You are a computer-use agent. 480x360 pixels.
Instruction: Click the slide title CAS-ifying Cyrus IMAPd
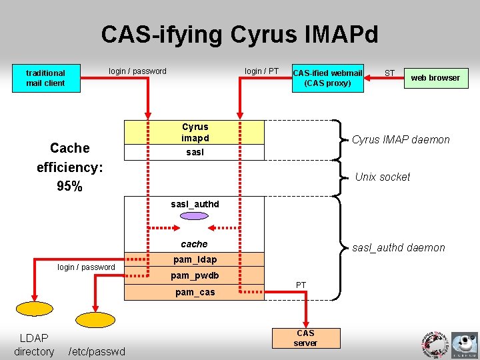[239, 34]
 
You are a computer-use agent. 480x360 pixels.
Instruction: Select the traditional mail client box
[45, 78]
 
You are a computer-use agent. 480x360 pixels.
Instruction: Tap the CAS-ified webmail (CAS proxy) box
[327, 78]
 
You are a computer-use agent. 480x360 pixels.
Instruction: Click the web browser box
[435, 78]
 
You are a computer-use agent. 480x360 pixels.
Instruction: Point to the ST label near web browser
[390, 73]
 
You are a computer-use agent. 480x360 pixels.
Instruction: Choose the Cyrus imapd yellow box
[195, 132]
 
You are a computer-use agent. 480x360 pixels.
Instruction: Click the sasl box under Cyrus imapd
[195, 153]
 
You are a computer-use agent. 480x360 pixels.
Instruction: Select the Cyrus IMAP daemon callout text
[401, 140]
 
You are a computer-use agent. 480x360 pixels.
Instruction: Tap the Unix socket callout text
[382, 177]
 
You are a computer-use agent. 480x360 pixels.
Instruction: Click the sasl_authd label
[195, 204]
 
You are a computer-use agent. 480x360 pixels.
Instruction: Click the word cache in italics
[195, 244]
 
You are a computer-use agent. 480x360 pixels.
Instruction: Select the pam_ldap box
[195, 259]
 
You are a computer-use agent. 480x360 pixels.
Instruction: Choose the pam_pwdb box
[195, 275]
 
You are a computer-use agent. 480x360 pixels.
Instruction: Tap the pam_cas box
[195, 292]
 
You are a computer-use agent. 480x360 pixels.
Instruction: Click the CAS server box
[305, 338]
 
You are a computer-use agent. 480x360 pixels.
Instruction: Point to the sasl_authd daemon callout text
[398, 248]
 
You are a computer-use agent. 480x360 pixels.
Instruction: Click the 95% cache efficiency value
[70, 187]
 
